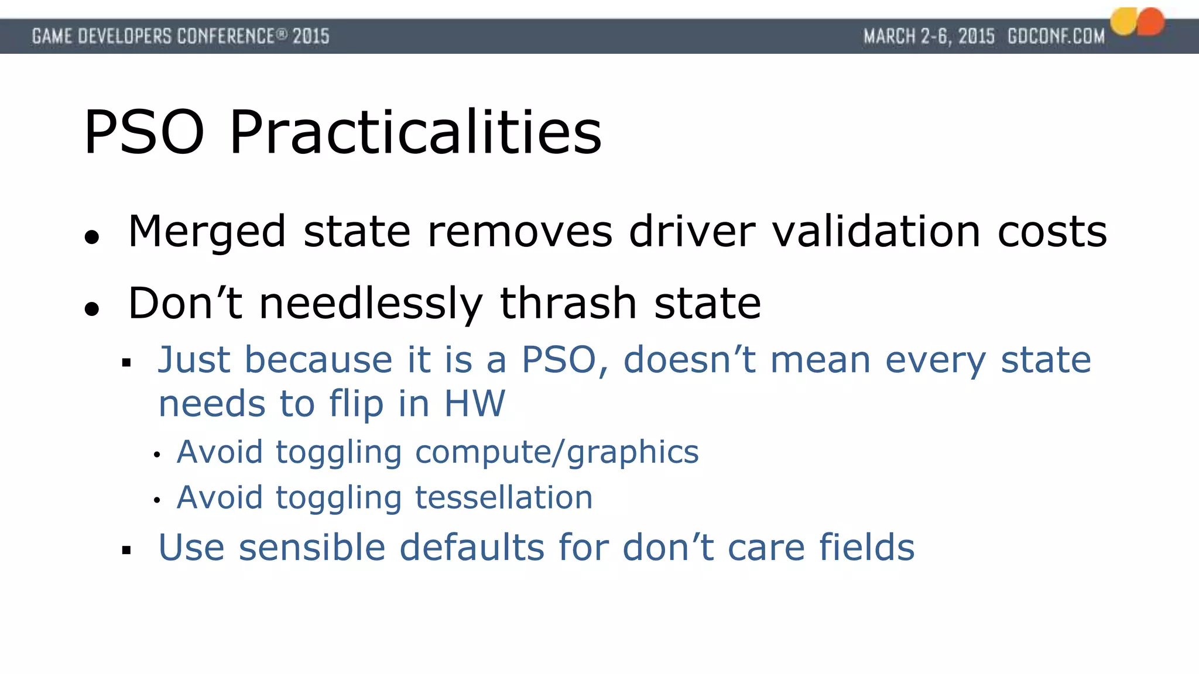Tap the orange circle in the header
(1150, 22)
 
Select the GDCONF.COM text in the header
(1056, 36)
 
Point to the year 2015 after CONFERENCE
(311, 36)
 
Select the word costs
(1052, 232)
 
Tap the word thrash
(568, 303)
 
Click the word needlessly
(371, 304)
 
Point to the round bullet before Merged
(92, 238)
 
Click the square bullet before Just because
(126, 363)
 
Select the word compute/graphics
(557, 452)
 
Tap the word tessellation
(503, 497)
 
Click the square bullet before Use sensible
(126, 550)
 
